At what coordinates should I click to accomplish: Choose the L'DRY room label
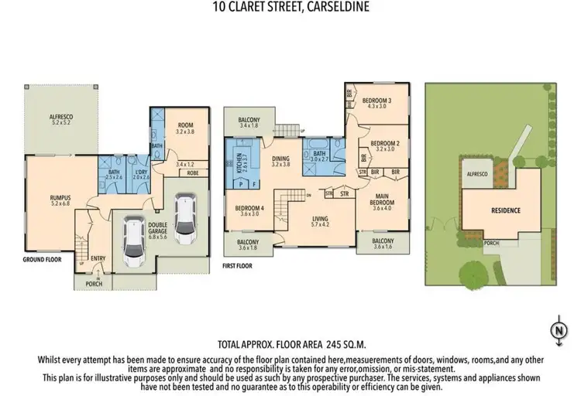point(142,172)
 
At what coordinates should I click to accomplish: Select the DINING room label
point(280,159)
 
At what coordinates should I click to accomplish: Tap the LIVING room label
point(320,220)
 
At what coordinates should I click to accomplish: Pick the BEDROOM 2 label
point(384,144)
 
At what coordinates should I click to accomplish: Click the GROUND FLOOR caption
point(42,261)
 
